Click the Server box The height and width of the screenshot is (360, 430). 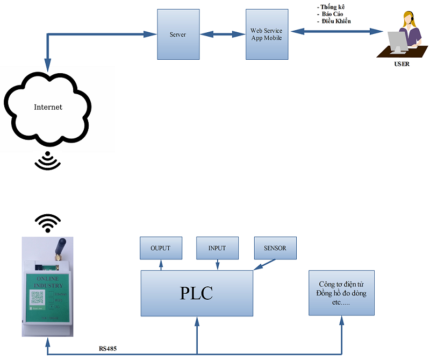pos(178,34)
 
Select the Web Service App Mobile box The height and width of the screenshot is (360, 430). pos(266,34)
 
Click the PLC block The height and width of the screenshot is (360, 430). pos(196,293)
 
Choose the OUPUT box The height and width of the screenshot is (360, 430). pos(160,248)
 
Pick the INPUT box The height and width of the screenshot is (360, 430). pos(217,248)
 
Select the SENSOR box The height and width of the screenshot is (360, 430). pos(275,248)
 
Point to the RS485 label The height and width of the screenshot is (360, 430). pos(107,349)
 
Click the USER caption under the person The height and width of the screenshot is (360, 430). pos(402,64)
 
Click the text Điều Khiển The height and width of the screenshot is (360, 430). pos(336,22)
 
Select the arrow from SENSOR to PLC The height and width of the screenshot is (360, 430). pos(264,264)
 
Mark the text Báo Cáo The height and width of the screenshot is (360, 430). pos(332,14)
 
